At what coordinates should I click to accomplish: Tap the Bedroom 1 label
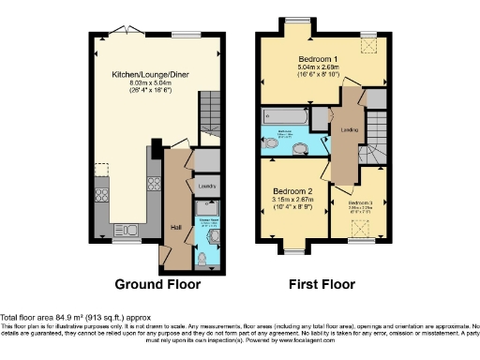click(311, 60)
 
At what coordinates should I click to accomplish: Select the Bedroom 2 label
click(291, 190)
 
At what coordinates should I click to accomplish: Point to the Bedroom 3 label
click(359, 202)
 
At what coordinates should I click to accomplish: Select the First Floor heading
click(322, 284)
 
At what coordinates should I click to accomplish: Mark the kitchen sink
click(124, 229)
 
